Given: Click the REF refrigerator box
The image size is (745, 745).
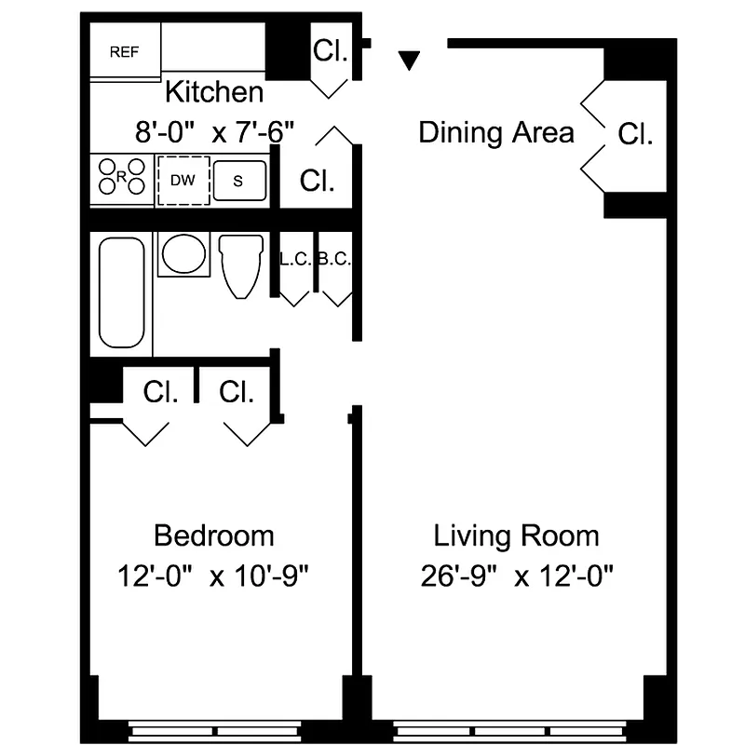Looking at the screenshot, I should pyautogui.click(x=125, y=52).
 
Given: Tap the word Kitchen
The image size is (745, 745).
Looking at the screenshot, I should pyautogui.click(x=214, y=93).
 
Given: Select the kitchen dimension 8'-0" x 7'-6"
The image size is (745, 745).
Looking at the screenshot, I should pyautogui.click(x=215, y=131).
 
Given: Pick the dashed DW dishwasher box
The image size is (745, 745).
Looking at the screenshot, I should pyautogui.click(x=183, y=181).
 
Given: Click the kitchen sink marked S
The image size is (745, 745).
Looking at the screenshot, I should pyautogui.click(x=239, y=181).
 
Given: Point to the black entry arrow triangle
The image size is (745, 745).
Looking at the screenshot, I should pyautogui.click(x=409, y=61).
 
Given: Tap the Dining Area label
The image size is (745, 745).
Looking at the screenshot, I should pyautogui.click(x=495, y=132).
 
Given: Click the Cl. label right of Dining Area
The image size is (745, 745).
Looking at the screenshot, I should pyautogui.click(x=635, y=134).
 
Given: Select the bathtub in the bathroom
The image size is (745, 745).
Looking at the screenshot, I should pyautogui.click(x=121, y=292).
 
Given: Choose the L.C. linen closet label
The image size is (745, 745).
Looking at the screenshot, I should pyautogui.click(x=295, y=260).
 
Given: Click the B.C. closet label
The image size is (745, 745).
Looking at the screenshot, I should pyautogui.click(x=333, y=260).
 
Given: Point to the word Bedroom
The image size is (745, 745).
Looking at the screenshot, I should pyautogui.click(x=214, y=536).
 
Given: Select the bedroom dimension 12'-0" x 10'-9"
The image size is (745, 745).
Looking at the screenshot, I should pyautogui.click(x=213, y=576).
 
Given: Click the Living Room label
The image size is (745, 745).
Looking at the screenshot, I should pyautogui.click(x=516, y=536).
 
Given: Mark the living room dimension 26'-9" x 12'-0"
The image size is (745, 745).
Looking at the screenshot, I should pyautogui.click(x=516, y=576).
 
